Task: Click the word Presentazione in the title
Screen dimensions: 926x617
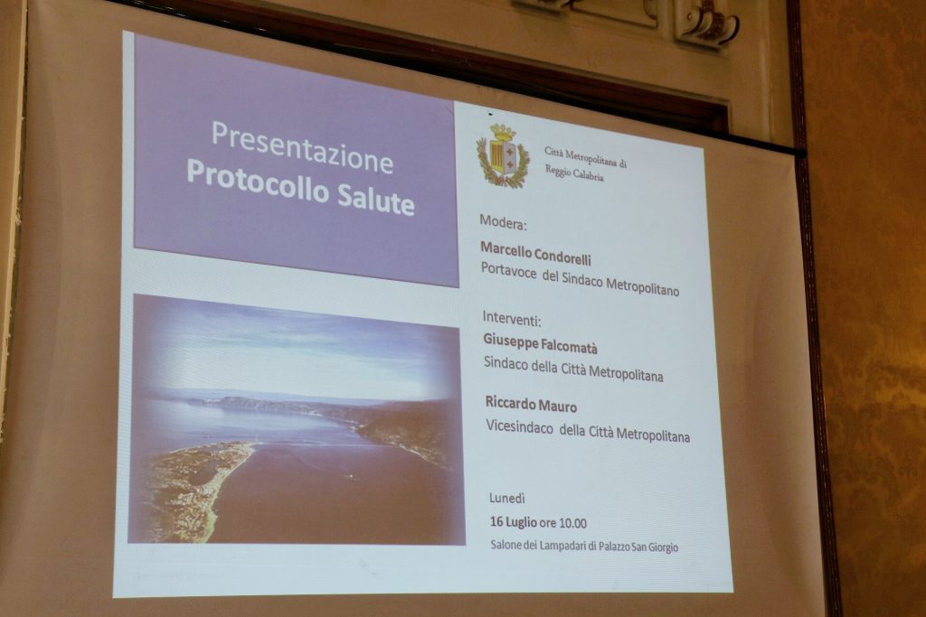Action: [302, 147]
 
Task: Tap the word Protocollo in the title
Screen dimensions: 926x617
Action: [258, 181]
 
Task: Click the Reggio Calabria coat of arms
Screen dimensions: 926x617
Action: [504, 156]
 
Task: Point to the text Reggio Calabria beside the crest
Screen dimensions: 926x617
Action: [574, 173]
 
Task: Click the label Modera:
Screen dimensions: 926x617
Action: [503, 223]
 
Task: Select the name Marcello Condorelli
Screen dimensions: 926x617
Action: [535, 252]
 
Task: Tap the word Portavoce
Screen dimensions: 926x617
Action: [509, 271]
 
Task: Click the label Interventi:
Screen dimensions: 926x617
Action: [512, 319]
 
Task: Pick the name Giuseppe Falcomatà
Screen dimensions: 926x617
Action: [541, 343]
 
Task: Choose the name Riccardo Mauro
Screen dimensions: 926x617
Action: [531, 404]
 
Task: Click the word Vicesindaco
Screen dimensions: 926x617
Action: [520, 427]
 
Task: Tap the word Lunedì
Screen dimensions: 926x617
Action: [506, 499]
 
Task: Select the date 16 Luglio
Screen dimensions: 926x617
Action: [514, 522]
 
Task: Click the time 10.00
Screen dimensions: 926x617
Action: [572, 523]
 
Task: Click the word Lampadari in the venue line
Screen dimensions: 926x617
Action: [563, 546]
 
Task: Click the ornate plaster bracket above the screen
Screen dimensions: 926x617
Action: [705, 23]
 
